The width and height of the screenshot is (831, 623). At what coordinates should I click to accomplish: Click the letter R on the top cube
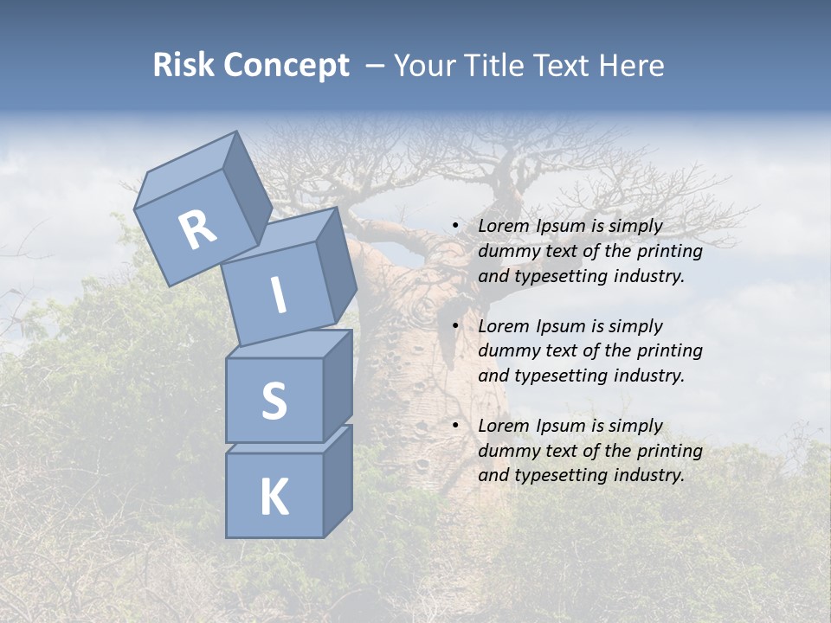pos(198,229)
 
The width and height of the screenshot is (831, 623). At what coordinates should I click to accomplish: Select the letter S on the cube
pos(274,401)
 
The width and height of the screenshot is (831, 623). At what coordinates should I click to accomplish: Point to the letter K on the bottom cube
pos(274,498)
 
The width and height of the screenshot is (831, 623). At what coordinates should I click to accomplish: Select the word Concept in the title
pos(287,66)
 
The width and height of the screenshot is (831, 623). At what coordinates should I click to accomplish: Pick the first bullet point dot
pos(454,227)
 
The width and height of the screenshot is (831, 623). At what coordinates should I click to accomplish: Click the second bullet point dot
pos(454,326)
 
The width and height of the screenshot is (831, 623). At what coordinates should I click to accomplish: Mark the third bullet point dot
pos(454,426)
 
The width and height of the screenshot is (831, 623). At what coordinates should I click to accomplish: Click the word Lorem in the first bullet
pos(504,226)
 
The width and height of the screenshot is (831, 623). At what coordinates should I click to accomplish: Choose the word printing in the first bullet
pos(669,251)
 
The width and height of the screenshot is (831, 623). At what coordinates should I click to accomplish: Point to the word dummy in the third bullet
pos(507,451)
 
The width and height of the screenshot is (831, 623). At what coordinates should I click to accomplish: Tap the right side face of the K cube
pos(338,480)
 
